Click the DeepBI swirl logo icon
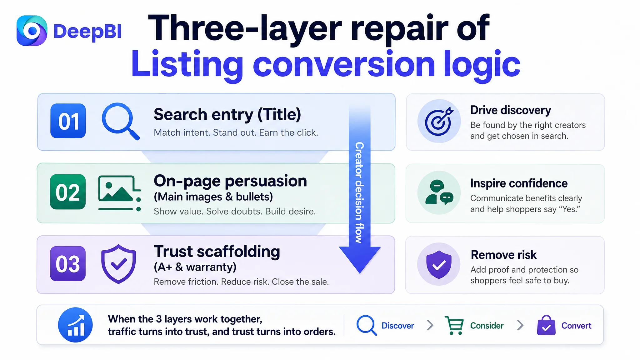click(32, 31)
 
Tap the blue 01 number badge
click(68, 121)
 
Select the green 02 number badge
click(68, 192)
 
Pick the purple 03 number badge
click(68, 263)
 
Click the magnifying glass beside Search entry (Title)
click(120, 121)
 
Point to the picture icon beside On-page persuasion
click(119, 193)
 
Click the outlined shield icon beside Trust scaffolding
click(118, 264)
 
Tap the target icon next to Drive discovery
click(439, 121)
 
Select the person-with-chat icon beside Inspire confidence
click(439, 192)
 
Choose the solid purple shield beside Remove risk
click(439, 264)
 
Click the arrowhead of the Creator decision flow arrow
click(360, 259)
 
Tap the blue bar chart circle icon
click(75, 325)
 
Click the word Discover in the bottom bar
click(397, 326)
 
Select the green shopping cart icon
click(454, 325)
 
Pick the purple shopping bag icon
click(546, 325)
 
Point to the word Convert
click(576, 326)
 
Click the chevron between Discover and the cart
click(430, 325)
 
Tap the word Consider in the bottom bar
click(487, 326)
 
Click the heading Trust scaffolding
click(217, 252)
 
